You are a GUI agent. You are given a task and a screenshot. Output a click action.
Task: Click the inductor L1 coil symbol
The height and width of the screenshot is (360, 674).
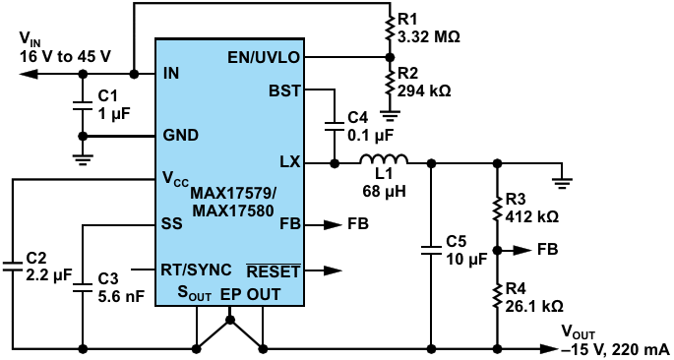384,159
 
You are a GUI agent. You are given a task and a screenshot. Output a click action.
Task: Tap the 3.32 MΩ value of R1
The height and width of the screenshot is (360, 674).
429,37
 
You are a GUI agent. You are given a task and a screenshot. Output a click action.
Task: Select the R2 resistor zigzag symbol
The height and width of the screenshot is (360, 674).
390,83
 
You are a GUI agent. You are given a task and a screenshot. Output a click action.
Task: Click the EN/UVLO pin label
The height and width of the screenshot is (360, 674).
264,58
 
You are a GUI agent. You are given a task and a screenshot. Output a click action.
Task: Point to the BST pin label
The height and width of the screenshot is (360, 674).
284,91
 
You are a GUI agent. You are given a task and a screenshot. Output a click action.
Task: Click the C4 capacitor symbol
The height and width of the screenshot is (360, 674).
334,126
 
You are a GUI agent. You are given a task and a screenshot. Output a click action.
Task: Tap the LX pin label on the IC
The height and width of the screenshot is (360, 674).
290,163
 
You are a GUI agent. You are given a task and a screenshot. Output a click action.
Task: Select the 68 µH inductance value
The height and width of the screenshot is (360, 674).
384,190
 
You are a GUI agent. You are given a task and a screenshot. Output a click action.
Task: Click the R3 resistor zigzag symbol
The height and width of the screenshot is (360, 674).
497,208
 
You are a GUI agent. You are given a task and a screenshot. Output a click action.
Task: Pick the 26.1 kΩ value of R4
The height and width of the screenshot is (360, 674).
534,306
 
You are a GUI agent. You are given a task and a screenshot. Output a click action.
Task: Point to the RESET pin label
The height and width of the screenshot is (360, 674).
273,270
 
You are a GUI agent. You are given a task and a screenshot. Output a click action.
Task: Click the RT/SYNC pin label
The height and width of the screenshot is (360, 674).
196,270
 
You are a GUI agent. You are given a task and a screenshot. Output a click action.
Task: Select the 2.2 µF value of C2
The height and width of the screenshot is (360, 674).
48,275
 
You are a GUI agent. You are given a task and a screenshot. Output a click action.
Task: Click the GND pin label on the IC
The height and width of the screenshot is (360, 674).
180,136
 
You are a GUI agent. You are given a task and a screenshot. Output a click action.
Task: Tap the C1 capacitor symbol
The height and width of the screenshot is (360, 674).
82,105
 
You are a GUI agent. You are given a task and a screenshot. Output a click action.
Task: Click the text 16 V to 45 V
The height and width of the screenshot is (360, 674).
65,56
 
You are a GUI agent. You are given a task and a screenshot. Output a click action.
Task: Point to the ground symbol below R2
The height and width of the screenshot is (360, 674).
390,114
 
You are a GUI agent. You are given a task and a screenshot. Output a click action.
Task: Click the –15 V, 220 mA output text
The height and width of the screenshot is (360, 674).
616,348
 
